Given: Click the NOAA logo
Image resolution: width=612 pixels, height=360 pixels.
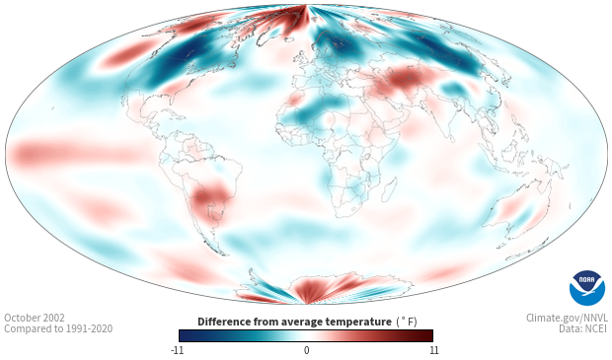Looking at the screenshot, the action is (x=587, y=287).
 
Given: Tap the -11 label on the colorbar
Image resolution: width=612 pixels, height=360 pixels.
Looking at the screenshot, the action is (x=178, y=350).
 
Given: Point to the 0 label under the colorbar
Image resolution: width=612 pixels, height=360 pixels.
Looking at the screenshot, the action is (x=306, y=350).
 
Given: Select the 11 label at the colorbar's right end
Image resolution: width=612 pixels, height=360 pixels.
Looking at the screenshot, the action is (x=433, y=350).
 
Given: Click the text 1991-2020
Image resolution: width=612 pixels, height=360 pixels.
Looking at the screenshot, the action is (x=89, y=328).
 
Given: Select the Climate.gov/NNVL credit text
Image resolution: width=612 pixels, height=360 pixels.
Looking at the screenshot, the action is (x=567, y=318).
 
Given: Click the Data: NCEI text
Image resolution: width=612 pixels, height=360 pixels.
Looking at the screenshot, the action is (x=582, y=328).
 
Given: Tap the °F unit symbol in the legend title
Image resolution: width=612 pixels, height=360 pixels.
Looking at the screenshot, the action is (x=407, y=322).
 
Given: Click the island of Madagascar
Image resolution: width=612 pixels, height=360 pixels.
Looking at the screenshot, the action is (x=389, y=190).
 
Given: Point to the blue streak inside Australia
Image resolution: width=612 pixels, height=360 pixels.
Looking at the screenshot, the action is (x=523, y=215).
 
